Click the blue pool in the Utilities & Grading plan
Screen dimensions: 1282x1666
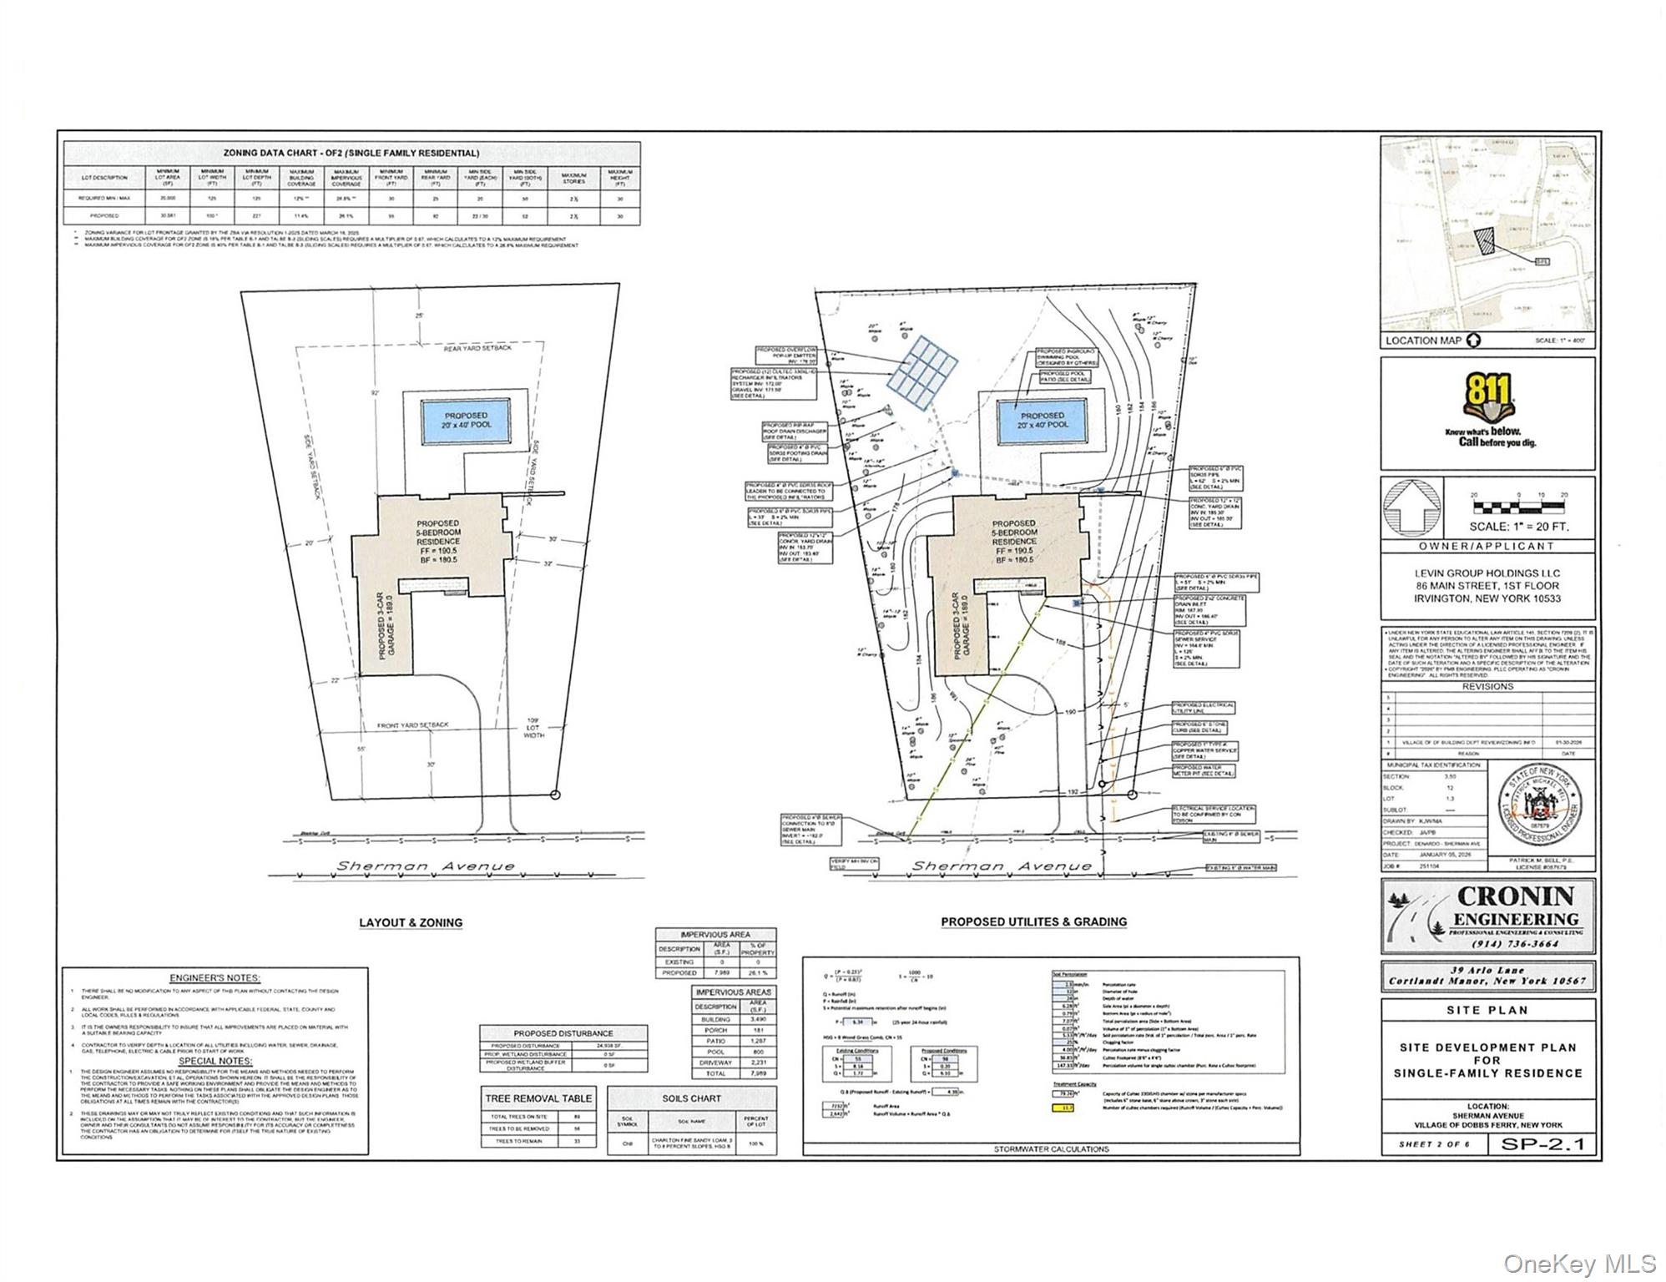[x=1042, y=421]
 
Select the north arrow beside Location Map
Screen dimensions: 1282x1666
[x=1473, y=341]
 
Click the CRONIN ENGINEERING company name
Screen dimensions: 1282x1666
[x=1515, y=907]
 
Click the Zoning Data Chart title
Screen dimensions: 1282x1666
[x=351, y=154]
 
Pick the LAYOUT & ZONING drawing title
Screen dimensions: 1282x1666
[x=411, y=922]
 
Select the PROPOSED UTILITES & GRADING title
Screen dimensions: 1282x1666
[x=1033, y=921]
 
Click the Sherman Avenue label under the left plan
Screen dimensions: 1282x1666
[x=426, y=866]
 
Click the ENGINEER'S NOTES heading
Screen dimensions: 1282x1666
[x=215, y=977]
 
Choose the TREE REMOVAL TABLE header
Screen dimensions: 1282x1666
[x=538, y=1098]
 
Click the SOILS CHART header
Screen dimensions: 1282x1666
[x=693, y=1098]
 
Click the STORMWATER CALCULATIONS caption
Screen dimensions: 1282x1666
[x=1051, y=1148]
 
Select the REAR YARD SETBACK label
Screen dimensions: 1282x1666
[x=479, y=349]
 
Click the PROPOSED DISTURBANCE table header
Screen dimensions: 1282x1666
[x=563, y=1033]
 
